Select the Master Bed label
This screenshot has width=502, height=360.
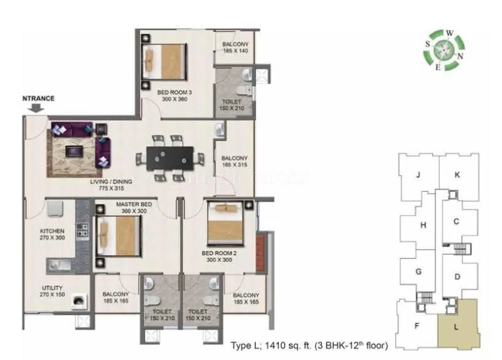pyautogui.click(x=133, y=208)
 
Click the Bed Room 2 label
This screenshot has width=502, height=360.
pyautogui.click(x=218, y=257)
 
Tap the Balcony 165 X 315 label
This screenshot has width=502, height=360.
pyautogui.click(x=235, y=162)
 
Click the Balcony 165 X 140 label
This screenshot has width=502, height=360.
pyautogui.click(x=235, y=48)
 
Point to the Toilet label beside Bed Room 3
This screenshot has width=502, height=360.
pyautogui.click(x=235, y=103)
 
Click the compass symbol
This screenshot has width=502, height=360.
pyautogui.click(x=444, y=50)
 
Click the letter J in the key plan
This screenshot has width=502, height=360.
pyautogui.click(x=417, y=175)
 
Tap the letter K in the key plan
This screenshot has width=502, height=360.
pyautogui.click(x=457, y=175)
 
